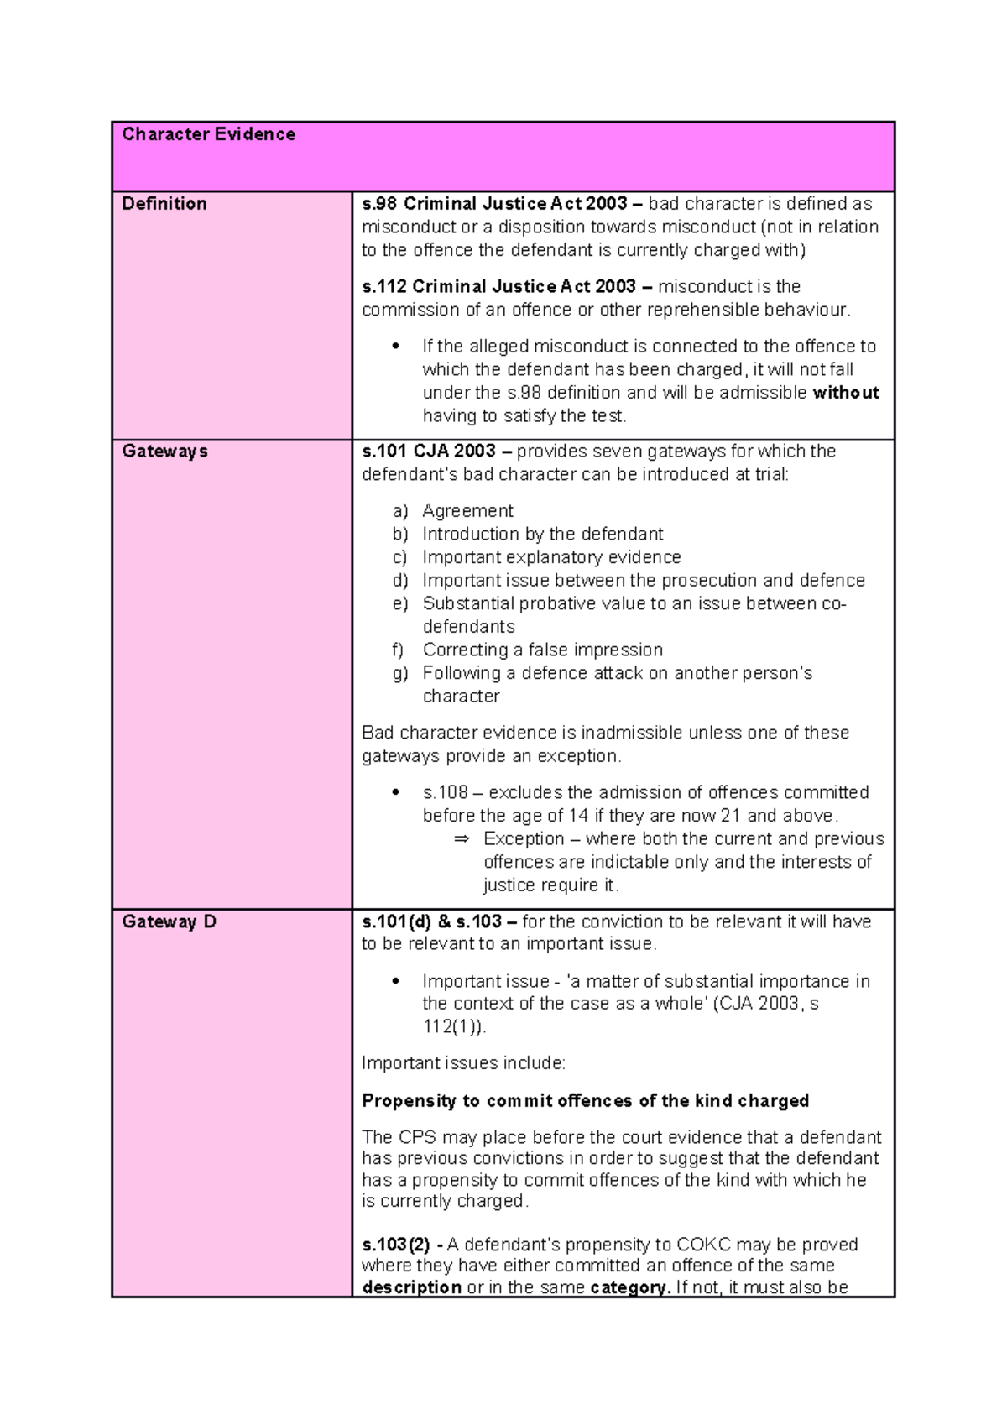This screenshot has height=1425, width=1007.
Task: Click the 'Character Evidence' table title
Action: (208, 134)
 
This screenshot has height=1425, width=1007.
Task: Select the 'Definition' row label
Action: (164, 203)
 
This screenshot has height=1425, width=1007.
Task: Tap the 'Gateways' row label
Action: (164, 451)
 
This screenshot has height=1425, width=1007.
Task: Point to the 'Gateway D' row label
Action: (169, 921)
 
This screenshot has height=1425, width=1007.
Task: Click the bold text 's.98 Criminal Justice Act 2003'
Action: (494, 203)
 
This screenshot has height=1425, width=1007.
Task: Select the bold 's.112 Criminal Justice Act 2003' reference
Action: (498, 286)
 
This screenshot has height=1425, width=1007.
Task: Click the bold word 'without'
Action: (845, 393)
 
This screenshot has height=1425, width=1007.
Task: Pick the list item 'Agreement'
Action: (467, 510)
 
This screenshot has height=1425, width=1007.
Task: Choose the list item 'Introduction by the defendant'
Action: (542, 534)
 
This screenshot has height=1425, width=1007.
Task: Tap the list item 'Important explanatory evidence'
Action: (551, 557)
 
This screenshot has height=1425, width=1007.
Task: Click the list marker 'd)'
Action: (400, 580)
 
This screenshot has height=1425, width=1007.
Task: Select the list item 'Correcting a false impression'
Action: (542, 650)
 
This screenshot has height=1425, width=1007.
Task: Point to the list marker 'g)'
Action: (400, 673)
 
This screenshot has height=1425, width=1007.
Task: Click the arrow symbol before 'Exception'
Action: (461, 839)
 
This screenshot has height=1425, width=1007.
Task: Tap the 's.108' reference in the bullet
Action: (445, 792)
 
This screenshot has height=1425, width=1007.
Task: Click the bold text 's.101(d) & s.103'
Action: (431, 921)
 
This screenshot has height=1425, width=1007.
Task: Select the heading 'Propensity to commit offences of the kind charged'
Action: (585, 1100)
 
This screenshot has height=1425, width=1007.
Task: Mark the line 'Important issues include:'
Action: (463, 1063)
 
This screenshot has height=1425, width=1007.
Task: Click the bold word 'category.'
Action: (630, 1287)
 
